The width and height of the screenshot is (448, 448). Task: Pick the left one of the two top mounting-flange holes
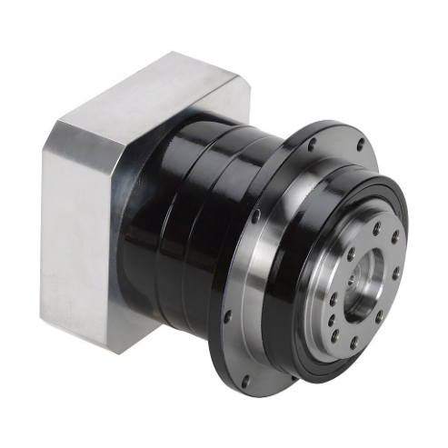coord(312,144)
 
